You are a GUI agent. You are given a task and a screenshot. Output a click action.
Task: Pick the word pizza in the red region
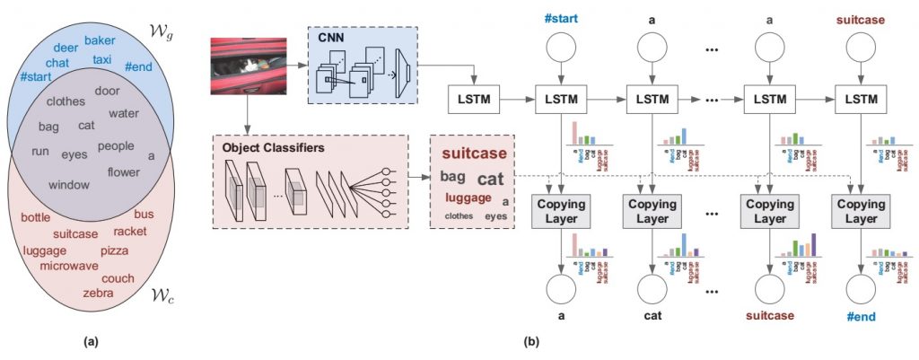tap(114, 250)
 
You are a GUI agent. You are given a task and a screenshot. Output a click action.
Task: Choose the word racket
tap(130, 232)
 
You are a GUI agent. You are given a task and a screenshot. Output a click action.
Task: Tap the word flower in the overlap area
tap(124, 171)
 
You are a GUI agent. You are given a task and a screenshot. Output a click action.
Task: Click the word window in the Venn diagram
tap(68, 184)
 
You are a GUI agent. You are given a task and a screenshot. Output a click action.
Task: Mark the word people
tap(116, 145)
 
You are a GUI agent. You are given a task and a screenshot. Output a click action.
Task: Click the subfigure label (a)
tap(92, 341)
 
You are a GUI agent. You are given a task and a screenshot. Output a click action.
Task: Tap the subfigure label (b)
tap(529, 342)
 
